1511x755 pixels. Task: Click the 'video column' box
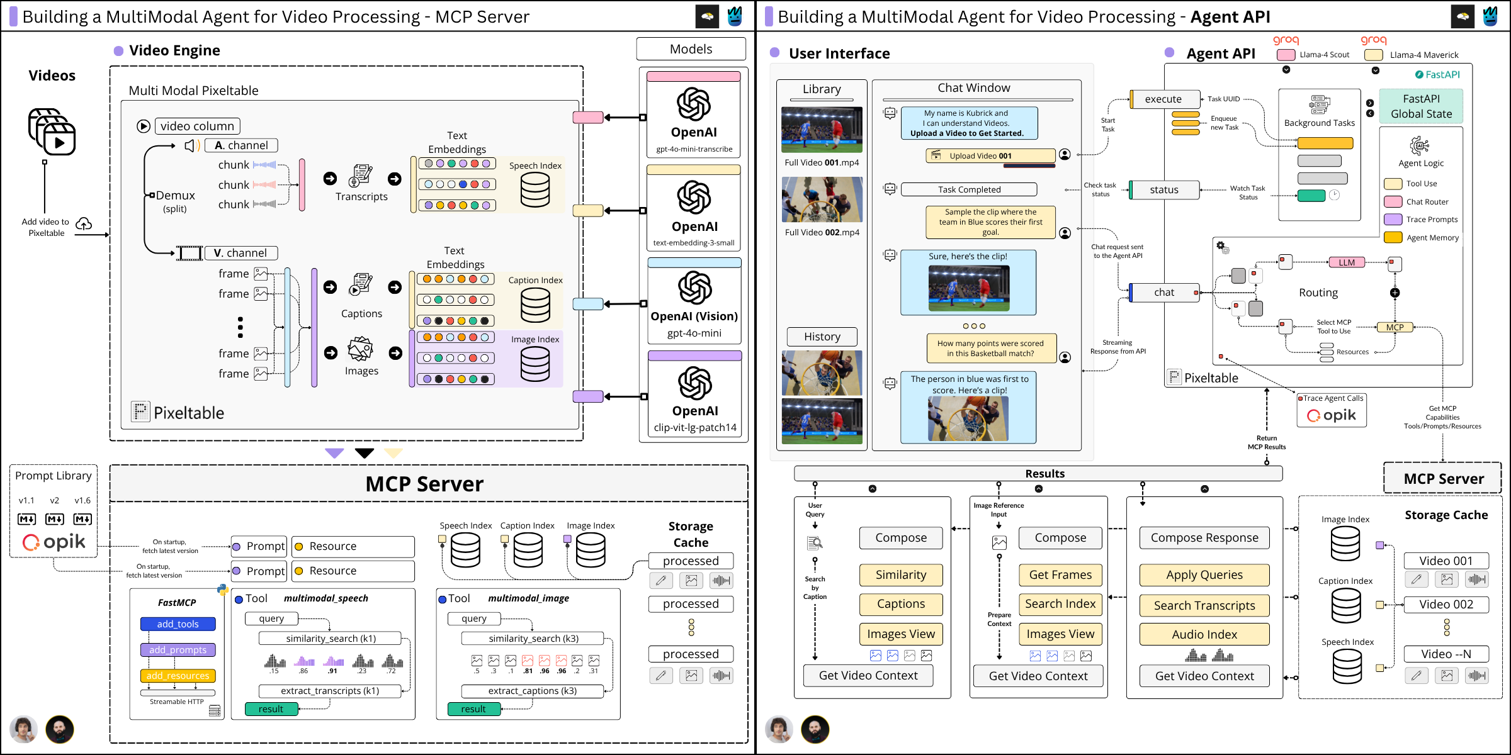click(x=197, y=126)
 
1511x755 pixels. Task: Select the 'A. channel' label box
click(x=241, y=145)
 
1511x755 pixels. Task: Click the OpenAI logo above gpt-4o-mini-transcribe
click(x=693, y=104)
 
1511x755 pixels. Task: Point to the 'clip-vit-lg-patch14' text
click(x=694, y=427)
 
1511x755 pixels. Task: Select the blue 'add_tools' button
click(x=178, y=624)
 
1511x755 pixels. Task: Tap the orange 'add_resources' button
click(x=178, y=676)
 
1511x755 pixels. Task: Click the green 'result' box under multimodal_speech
click(x=271, y=709)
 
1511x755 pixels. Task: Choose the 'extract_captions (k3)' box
click(x=532, y=691)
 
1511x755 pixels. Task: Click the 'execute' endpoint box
click(x=1163, y=99)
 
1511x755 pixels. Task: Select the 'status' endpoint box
click(x=1163, y=189)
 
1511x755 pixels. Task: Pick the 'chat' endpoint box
click(x=1163, y=292)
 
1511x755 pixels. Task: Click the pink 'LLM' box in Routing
click(x=1346, y=262)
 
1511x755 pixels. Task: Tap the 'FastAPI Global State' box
click(x=1421, y=106)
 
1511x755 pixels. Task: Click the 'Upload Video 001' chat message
click(x=990, y=155)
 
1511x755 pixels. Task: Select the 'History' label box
click(x=822, y=337)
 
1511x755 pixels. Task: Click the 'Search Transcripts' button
click(x=1204, y=605)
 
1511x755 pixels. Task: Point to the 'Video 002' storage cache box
click(x=1446, y=605)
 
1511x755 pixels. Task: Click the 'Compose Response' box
click(x=1204, y=538)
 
